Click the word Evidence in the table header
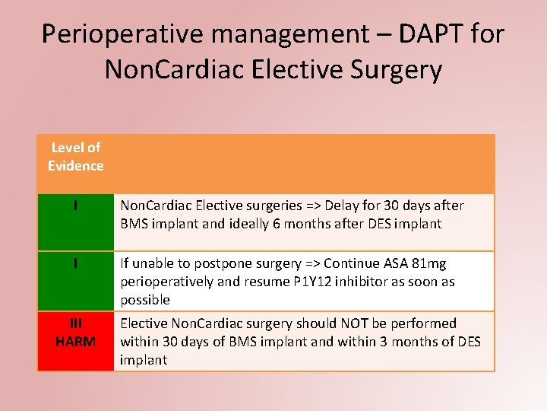pos(75,166)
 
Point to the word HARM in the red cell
pos(75,342)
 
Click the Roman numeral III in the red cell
pos(75,323)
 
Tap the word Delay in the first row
pos(346,205)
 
